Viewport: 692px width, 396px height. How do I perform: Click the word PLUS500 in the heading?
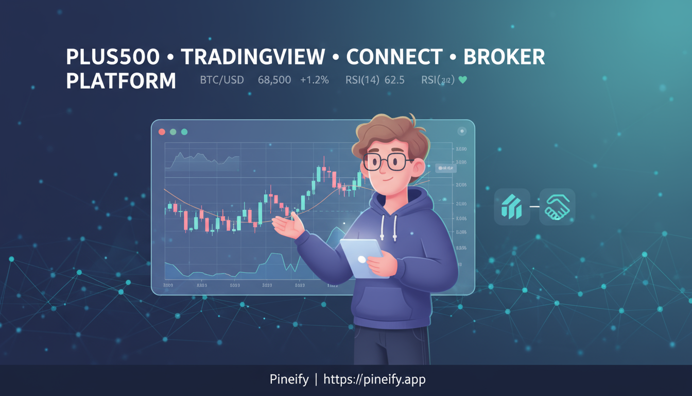(113, 57)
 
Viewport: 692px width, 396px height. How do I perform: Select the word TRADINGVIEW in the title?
(252, 57)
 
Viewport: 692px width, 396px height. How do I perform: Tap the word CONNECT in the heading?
(394, 57)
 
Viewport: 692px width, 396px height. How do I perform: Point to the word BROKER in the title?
(504, 57)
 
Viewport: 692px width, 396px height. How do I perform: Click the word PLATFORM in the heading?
(121, 81)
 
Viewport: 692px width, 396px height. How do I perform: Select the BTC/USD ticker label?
(221, 80)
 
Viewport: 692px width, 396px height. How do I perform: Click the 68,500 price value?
(274, 80)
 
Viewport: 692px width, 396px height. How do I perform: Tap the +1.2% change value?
(315, 80)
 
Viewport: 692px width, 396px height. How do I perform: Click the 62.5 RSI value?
(394, 80)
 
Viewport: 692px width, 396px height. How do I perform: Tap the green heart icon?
(462, 80)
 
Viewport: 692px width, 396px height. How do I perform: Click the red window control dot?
(162, 132)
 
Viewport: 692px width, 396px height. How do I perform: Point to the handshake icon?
(557, 206)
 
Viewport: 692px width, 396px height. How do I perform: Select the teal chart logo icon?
(512, 207)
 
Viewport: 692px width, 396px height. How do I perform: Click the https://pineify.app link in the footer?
(374, 380)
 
